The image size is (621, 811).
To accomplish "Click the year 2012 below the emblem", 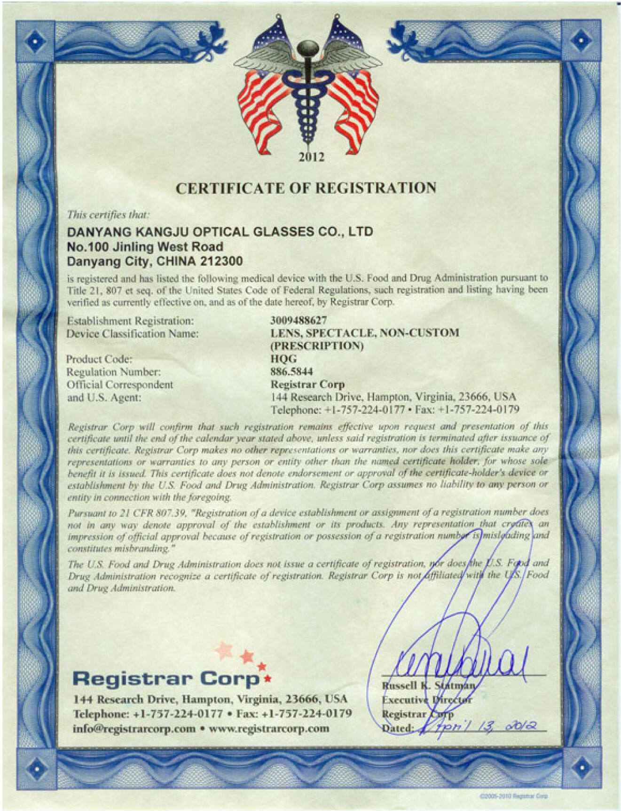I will [x=311, y=157].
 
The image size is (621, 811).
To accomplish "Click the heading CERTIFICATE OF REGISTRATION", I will [x=306, y=188].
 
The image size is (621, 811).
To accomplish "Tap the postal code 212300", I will [x=225, y=261].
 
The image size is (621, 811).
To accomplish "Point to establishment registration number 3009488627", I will [x=298, y=321].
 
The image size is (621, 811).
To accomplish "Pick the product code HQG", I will [x=283, y=359].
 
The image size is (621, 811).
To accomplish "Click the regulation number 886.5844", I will [x=291, y=372].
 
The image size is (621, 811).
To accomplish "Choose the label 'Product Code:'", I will [x=99, y=359].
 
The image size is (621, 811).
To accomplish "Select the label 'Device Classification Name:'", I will [x=132, y=334].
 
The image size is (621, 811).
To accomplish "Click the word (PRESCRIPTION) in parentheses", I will [x=316, y=346].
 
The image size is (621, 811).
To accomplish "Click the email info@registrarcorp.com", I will [x=134, y=729].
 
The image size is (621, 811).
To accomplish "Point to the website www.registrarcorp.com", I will [x=269, y=729].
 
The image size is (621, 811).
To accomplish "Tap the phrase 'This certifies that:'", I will [x=108, y=215].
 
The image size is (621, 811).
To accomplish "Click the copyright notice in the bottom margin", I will [x=513, y=796].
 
